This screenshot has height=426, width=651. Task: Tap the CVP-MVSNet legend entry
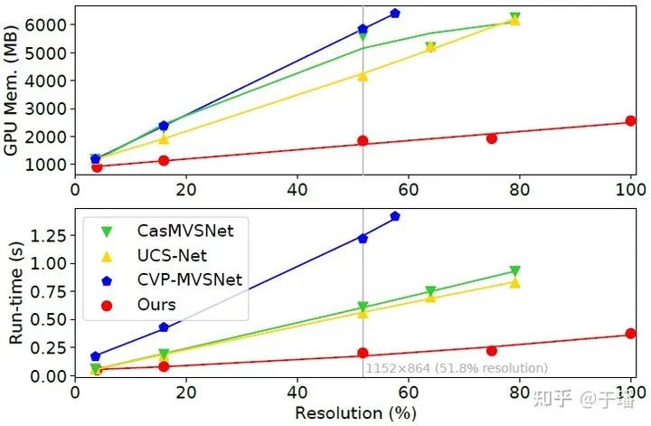click(181, 280)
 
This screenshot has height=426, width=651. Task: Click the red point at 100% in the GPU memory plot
click(630, 121)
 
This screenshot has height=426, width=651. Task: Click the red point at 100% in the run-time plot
click(630, 334)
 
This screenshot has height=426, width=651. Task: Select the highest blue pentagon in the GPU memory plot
click(395, 14)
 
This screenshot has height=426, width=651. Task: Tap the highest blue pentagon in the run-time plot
click(395, 216)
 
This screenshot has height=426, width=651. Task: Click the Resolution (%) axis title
click(354, 412)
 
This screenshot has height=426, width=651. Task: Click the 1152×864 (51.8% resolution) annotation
click(457, 368)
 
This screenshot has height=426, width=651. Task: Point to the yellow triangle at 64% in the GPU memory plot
click(430, 46)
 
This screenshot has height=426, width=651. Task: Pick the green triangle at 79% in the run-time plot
click(514, 271)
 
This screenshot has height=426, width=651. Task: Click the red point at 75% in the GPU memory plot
click(492, 138)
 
